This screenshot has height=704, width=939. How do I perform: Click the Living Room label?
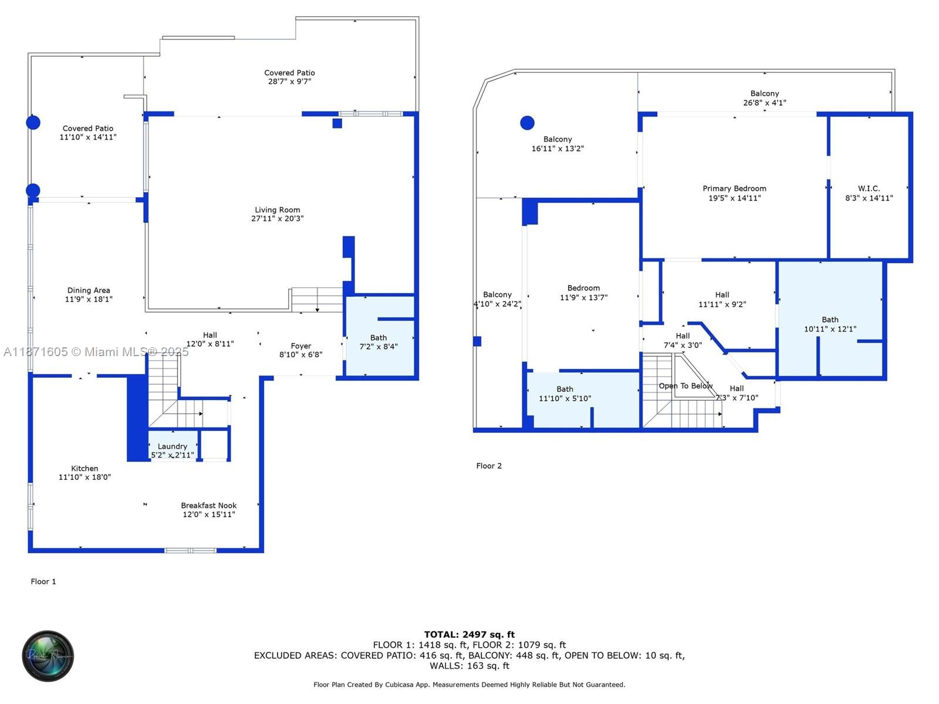[277, 210]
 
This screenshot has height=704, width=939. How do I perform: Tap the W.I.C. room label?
[869, 189]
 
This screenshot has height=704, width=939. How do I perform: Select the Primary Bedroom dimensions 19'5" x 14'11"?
[734, 198]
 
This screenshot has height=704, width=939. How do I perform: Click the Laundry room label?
[172, 446]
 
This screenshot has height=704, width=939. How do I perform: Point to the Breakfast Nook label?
[208, 506]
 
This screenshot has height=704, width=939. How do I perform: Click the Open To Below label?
[685, 386]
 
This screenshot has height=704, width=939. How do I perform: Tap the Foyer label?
[300, 346]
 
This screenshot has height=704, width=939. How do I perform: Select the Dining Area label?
[88, 290]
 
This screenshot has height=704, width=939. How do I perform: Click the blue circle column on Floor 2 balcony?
[527, 123]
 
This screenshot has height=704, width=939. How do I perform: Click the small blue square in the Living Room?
[337, 123]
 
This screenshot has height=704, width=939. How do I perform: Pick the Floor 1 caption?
[43, 581]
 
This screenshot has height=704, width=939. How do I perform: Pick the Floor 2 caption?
[489, 466]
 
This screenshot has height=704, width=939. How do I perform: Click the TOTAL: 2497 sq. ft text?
[469, 634]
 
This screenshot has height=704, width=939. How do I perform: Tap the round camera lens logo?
[48, 656]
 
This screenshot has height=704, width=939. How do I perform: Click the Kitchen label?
[85, 469]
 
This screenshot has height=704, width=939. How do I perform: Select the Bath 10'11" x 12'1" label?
[830, 324]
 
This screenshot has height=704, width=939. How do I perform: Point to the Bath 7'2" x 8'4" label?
[379, 342]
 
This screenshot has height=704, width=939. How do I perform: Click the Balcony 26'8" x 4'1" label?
[764, 98]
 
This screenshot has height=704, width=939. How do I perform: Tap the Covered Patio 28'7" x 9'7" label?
[289, 77]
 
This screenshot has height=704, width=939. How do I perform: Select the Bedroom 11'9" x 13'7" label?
[583, 293]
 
